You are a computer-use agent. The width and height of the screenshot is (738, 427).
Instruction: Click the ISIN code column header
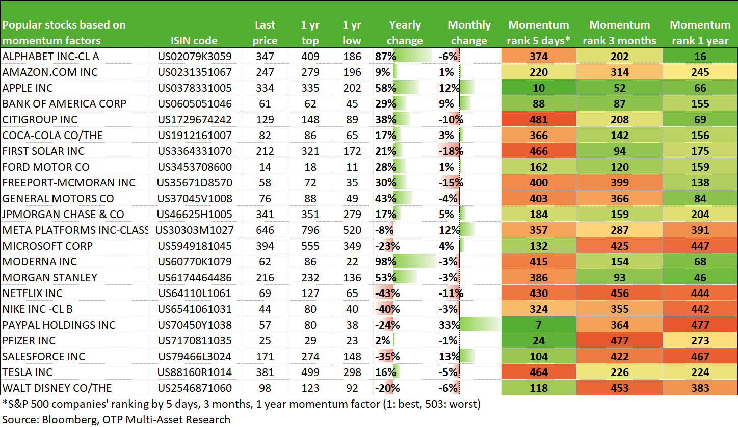click(194, 41)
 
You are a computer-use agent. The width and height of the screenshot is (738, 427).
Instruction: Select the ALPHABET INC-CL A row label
click(51, 57)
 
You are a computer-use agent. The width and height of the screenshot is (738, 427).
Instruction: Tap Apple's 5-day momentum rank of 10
click(539, 88)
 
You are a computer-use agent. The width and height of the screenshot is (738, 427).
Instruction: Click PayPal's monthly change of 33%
click(449, 325)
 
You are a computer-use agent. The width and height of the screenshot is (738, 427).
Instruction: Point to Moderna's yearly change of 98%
click(385, 261)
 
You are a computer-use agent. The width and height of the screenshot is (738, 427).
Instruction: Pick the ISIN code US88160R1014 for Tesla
click(194, 372)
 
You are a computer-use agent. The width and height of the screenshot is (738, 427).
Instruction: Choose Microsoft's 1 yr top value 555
click(310, 246)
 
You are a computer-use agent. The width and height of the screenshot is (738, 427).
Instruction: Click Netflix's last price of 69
click(265, 293)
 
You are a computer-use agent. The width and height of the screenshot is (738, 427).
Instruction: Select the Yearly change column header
click(405, 33)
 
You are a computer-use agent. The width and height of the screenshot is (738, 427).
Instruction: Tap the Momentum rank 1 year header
click(700, 33)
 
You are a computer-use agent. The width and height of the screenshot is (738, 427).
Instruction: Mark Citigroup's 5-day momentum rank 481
click(539, 120)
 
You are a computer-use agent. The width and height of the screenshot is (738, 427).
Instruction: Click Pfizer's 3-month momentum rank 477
click(619, 341)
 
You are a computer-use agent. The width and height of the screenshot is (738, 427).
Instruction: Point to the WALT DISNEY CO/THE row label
click(57, 388)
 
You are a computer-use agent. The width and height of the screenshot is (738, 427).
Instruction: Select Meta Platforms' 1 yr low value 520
click(352, 230)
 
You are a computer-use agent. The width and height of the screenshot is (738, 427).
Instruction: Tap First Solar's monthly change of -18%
click(451, 151)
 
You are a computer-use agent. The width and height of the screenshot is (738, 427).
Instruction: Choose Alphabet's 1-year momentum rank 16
click(700, 57)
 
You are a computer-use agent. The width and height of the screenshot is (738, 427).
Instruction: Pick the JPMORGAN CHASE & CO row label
click(63, 215)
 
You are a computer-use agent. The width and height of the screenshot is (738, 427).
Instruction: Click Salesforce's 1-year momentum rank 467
click(700, 357)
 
